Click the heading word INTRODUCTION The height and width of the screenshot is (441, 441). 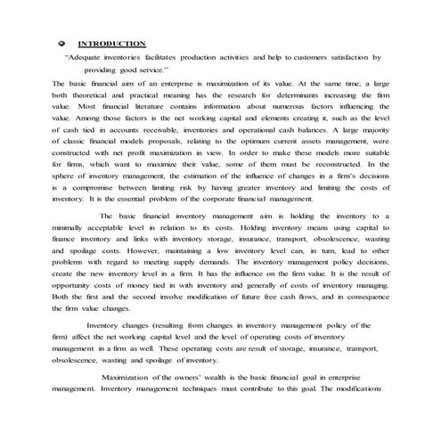click(x=111, y=43)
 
